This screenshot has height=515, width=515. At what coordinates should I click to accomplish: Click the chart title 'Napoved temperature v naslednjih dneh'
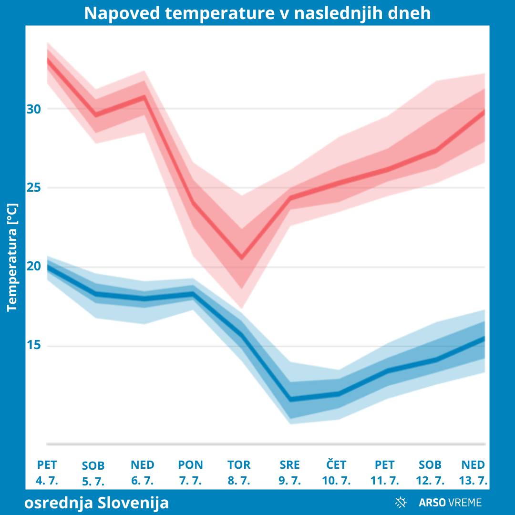257,13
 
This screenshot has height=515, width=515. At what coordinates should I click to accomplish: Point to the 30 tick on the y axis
33,109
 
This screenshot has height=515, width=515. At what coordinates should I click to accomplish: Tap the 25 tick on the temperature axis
33,187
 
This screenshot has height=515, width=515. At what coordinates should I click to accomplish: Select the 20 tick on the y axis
33,266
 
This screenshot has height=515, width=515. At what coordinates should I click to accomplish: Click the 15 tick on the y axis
33,345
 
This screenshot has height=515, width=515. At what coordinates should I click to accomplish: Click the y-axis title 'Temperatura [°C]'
12,257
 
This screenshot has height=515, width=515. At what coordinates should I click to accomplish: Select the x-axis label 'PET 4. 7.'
47,473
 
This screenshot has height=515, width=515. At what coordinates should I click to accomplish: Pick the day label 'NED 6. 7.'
143,473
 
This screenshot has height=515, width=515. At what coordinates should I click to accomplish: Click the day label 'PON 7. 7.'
190,473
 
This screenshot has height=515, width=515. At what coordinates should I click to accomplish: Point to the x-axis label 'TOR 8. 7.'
239,473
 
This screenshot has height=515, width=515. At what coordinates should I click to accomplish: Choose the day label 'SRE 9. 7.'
289,473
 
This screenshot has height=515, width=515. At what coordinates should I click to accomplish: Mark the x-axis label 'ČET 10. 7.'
336,473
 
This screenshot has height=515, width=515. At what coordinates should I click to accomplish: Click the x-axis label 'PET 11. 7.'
385,473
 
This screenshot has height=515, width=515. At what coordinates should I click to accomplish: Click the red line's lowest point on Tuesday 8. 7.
242,257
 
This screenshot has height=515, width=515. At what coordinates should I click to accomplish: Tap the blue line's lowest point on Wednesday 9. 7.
290,400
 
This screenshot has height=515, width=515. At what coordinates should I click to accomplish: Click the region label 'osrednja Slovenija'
96,503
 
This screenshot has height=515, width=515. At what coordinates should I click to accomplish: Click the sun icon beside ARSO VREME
401,502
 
